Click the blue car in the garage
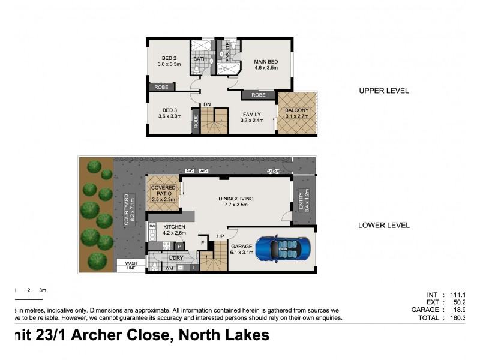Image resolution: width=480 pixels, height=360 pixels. click(x=283, y=248)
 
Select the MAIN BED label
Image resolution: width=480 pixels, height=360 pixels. click(x=265, y=61)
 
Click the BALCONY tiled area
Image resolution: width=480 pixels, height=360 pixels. click(x=296, y=112)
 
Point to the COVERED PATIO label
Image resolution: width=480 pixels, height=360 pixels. click(x=163, y=191)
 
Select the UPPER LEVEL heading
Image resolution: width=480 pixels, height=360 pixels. click(x=383, y=91)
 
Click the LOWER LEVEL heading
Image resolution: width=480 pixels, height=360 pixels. click(x=383, y=226)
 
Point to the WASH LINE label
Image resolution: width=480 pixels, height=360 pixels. click(x=131, y=265)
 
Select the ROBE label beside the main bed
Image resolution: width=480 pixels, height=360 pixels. click(x=259, y=95)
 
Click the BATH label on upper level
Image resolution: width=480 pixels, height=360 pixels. click(x=200, y=59)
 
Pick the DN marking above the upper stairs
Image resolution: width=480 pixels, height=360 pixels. click(x=207, y=104)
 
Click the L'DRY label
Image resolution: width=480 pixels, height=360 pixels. click(x=176, y=257)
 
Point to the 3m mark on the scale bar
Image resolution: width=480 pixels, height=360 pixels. click(x=42, y=290)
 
